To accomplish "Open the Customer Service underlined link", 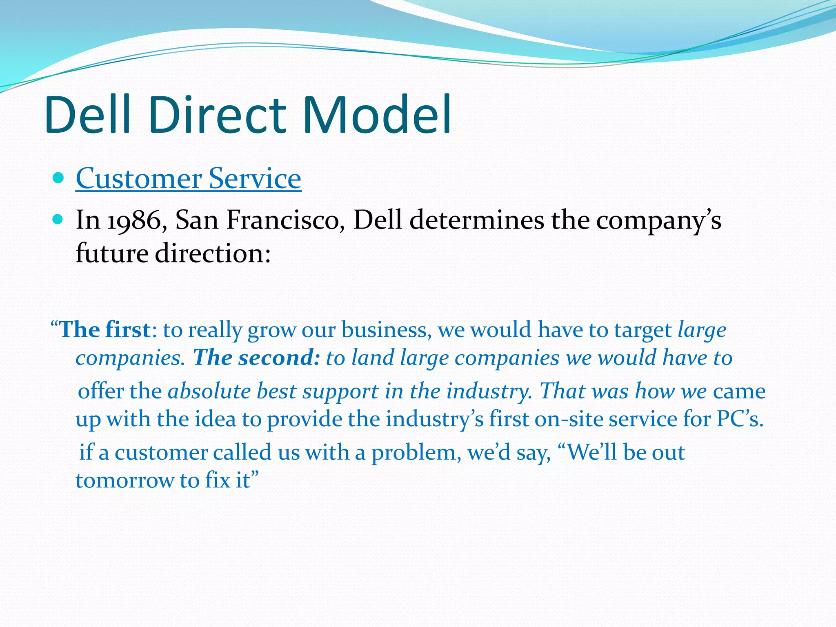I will pos(188,178).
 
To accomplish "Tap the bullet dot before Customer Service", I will pos(58,178).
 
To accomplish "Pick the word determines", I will pos(477,220).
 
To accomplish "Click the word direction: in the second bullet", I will pos(213,253).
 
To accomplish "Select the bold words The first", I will pos(105,330).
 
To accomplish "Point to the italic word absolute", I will pos(209,391).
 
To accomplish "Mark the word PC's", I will pos(740,419).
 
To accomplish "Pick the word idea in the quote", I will pos(215,419).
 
